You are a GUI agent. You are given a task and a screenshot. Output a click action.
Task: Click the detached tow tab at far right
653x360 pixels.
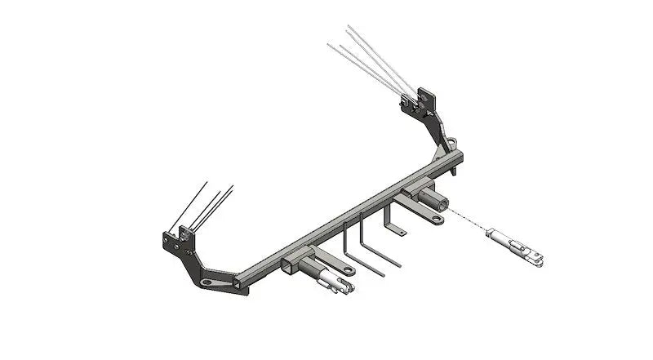(x=513, y=246)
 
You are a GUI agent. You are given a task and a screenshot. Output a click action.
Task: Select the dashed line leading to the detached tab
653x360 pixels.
(x=469, y=223)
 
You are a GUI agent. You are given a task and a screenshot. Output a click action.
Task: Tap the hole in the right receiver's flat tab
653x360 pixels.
(x=438, y=219)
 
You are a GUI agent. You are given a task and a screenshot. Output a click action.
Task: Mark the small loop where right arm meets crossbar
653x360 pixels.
(x=451, y=147)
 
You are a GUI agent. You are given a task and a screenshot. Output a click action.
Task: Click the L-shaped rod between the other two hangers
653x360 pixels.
(x=371, y=245)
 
